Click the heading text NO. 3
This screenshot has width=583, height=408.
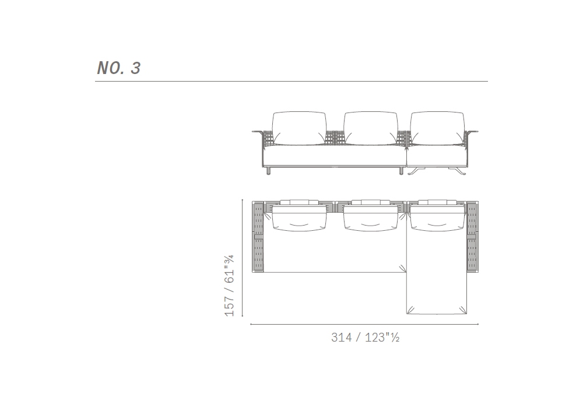point(118,68)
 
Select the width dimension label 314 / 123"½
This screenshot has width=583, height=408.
point(365,337)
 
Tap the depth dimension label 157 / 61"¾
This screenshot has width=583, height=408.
point(229,286)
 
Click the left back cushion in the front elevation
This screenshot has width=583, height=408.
point(299,128)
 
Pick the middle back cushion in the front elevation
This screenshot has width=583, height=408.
point(371,128)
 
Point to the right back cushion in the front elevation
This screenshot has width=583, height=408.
point(438,128)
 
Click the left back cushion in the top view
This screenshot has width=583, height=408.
point(299,219)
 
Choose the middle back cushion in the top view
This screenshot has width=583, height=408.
point(371,219)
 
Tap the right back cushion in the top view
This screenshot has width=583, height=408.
point(438,219)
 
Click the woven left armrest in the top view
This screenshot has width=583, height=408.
point(258,237)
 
